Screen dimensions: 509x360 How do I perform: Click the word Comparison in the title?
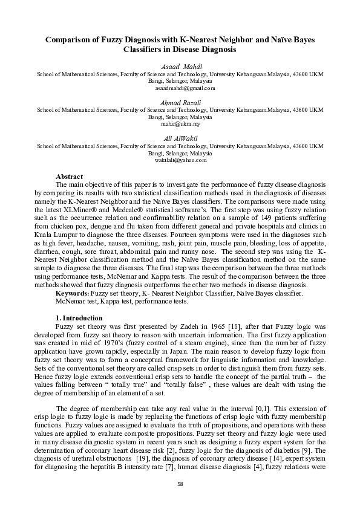tap(71, 39)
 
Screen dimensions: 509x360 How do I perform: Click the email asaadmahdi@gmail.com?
tap(180, 88)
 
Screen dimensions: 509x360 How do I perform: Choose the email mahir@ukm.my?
tap(180, 124)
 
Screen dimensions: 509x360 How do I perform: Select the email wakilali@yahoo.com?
tap(180, 161)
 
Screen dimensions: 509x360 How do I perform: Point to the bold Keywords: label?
tap(73, 293)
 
